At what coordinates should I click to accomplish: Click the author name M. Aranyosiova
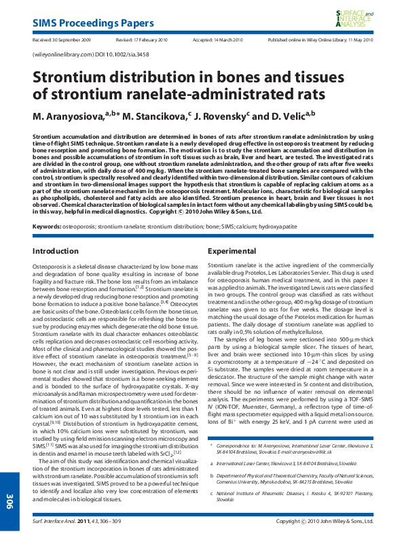(70, 117)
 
